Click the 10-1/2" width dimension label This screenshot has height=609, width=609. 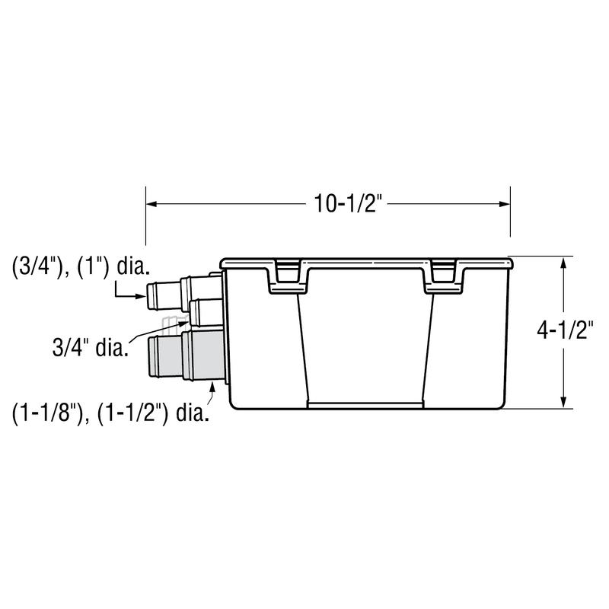tap(346, 204)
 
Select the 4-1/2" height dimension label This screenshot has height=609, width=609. tap(565, 331)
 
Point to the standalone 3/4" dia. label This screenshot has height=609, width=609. tap(90, 348)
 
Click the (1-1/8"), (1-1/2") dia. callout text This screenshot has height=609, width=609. tap(110, 413)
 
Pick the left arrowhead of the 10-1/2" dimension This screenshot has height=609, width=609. tap(151, 204)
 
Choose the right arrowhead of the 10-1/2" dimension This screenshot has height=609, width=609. tap(505, 204)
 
